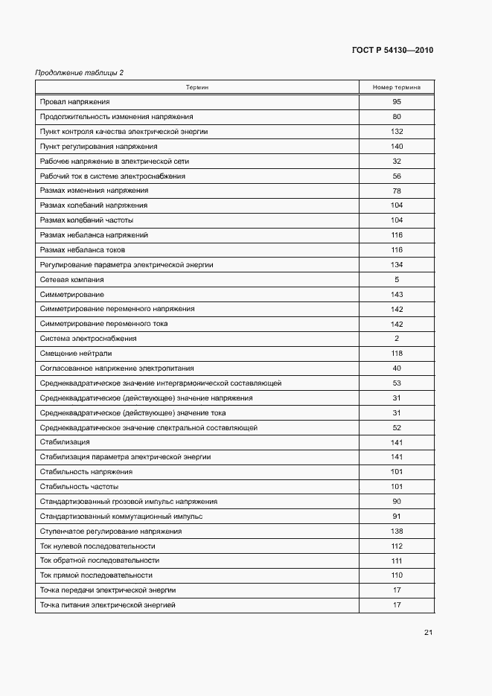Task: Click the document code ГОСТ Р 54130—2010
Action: [392, 51]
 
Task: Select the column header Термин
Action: [197, 87]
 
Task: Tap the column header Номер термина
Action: [397, 87]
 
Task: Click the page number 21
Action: [428, 633]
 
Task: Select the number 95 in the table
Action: [397, 102]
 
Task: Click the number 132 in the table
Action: [397, 132]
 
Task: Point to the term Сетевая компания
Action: [72, 280]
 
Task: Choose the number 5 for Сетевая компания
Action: [397, 280]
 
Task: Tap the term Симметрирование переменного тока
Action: [104, 324]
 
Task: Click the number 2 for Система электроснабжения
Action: [397, 339]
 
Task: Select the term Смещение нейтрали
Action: [75, 354]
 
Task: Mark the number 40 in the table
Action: [397, 368]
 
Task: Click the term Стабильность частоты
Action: [77, 487]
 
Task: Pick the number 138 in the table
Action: [397, 531]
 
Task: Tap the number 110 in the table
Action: [397, 575]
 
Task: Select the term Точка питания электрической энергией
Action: [108, 605]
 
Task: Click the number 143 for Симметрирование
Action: [397, 295]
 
